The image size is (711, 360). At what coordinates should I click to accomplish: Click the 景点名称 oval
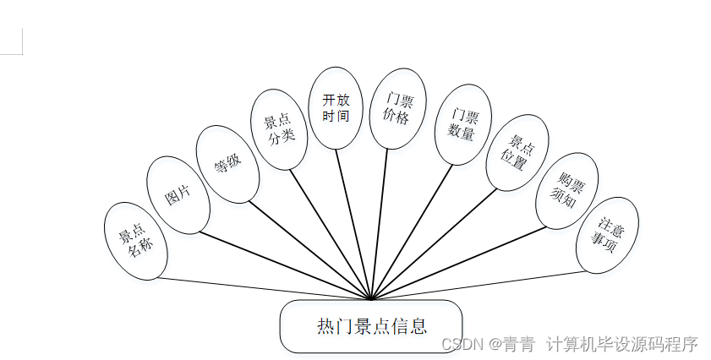135,241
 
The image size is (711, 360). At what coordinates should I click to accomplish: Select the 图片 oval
178,195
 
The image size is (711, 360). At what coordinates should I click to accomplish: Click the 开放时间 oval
336,108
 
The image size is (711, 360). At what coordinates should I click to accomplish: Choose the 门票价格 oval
397,109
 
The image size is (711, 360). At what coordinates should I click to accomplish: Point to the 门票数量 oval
462,123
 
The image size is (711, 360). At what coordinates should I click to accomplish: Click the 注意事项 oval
607,235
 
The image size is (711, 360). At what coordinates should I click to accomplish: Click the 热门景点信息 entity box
371,326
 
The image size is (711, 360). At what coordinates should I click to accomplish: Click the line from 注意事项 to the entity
478,285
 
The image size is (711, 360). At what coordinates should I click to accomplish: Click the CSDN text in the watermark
461,345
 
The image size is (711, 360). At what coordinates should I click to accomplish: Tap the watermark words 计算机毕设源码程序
622,345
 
